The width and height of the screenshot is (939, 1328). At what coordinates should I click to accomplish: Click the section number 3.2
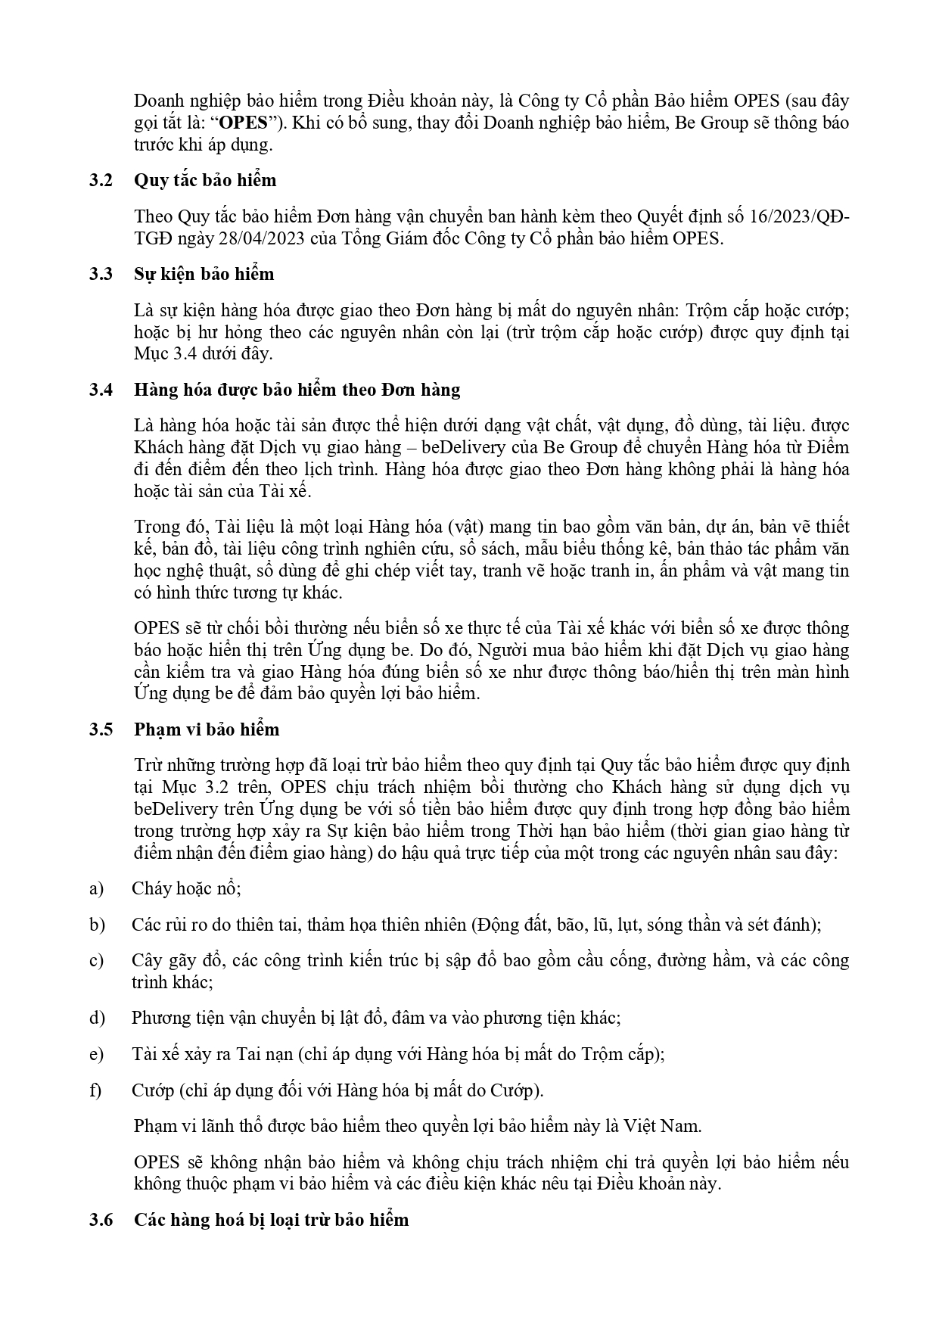tap(100, 180)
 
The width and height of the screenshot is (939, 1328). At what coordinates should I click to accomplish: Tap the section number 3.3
tap(100, 274)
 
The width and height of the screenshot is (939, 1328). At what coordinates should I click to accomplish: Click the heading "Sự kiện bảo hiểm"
tap(204, 274)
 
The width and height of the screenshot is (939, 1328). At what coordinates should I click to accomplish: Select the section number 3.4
tap(100, 390)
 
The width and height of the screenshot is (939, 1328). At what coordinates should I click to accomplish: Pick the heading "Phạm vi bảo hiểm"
tap(207, 729)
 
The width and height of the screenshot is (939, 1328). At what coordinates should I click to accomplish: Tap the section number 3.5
tap(100, 729)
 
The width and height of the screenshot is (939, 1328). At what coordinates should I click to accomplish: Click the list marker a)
tap(96, 888)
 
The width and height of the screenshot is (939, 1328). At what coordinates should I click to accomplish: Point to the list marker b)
tap(96, 924)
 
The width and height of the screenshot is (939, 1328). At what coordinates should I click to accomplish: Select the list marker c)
tap(96, 960)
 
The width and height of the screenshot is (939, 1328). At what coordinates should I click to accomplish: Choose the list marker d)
tap(96, 1018)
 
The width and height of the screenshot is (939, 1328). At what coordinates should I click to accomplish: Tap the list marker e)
tap(96, 1054)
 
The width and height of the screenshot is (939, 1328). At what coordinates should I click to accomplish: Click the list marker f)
tap(95, 1090)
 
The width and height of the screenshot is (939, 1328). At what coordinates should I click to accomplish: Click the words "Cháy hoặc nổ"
tap(185, 888)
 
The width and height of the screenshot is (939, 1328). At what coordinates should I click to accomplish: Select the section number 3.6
tap(100, 1220)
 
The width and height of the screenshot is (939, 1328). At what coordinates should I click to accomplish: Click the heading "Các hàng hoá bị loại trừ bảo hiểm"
tap(271, 1220)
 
